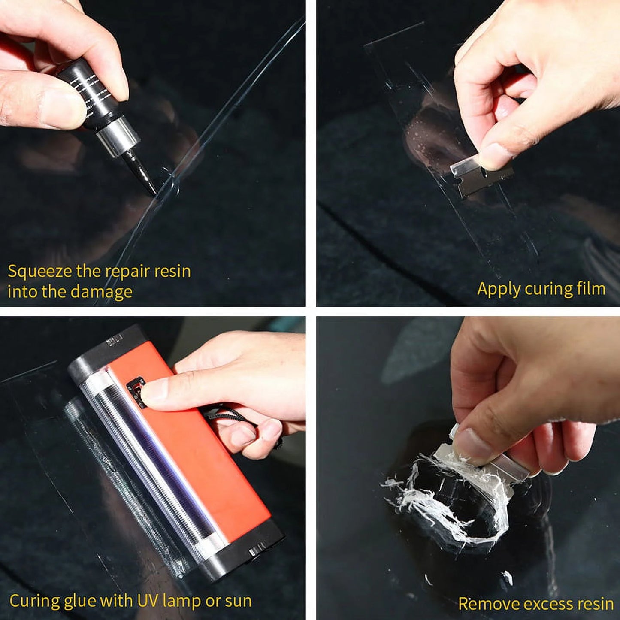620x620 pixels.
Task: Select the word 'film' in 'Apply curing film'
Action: (590, 289)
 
